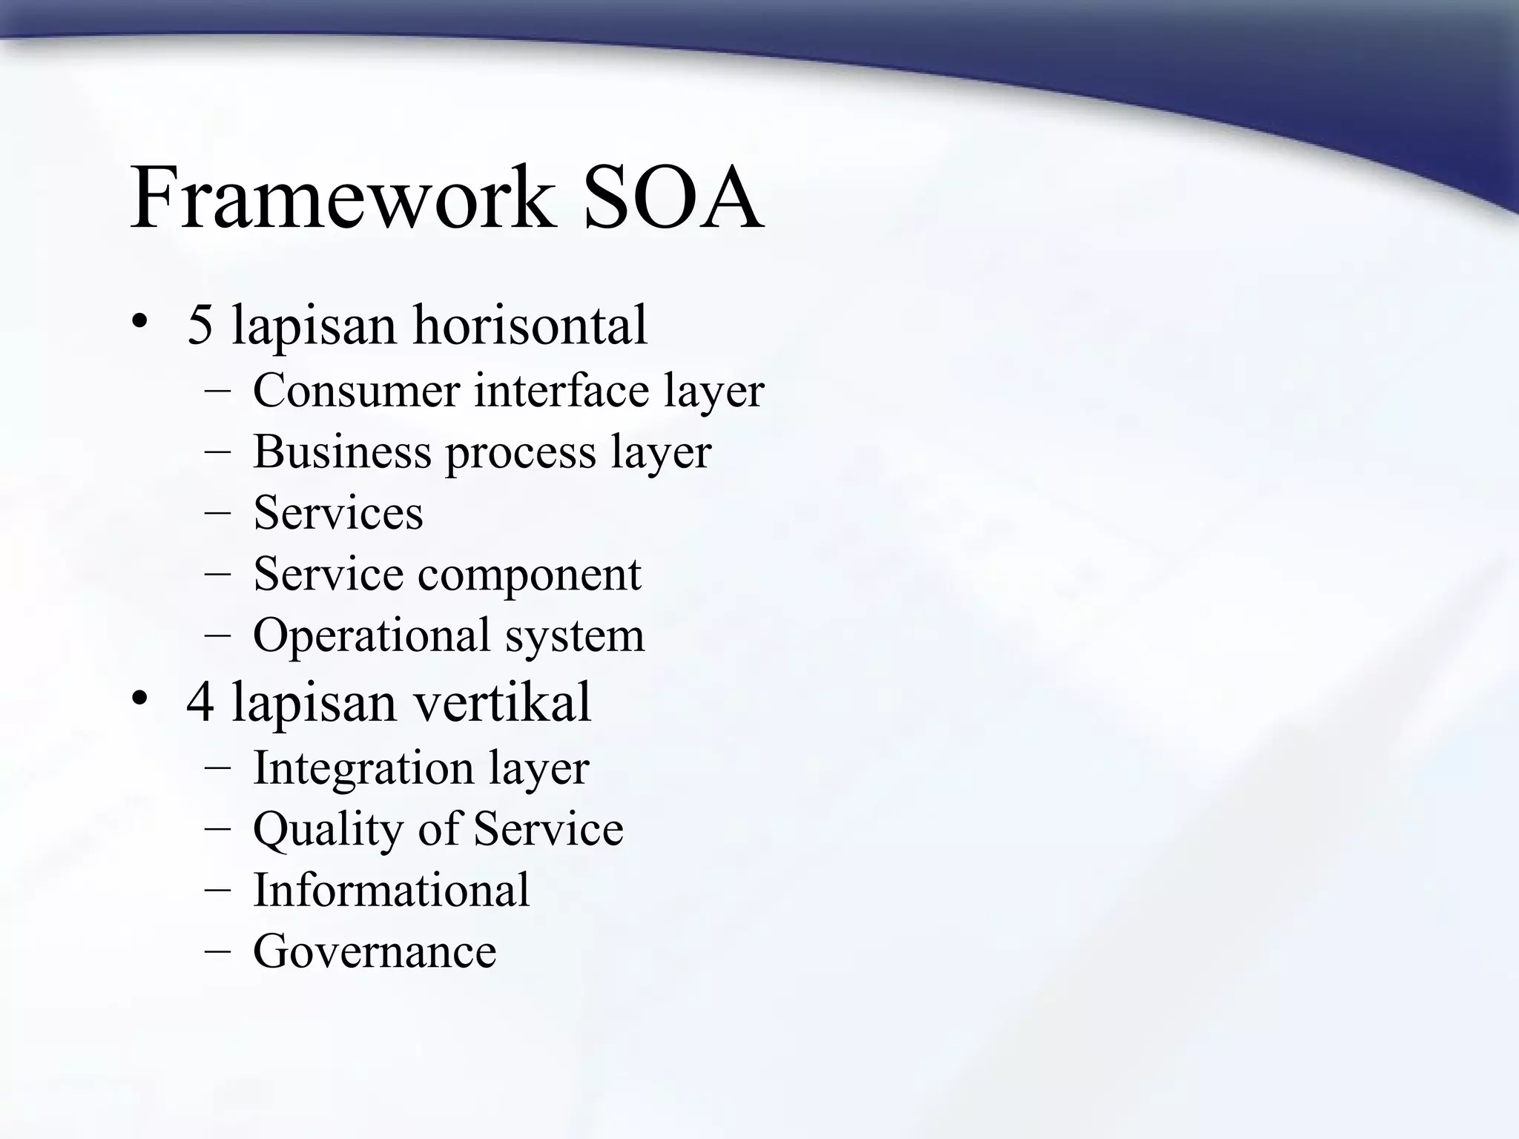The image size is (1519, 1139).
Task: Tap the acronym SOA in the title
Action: [x=673, y=198]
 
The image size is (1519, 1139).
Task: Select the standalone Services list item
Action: [x=338, y=512]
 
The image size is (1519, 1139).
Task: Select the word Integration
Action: [x=363, y=768]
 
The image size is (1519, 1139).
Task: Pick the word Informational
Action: [x=391, y=890]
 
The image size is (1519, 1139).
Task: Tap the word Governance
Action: [x=375, y=951]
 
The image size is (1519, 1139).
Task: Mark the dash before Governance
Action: [x=217, y=951]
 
